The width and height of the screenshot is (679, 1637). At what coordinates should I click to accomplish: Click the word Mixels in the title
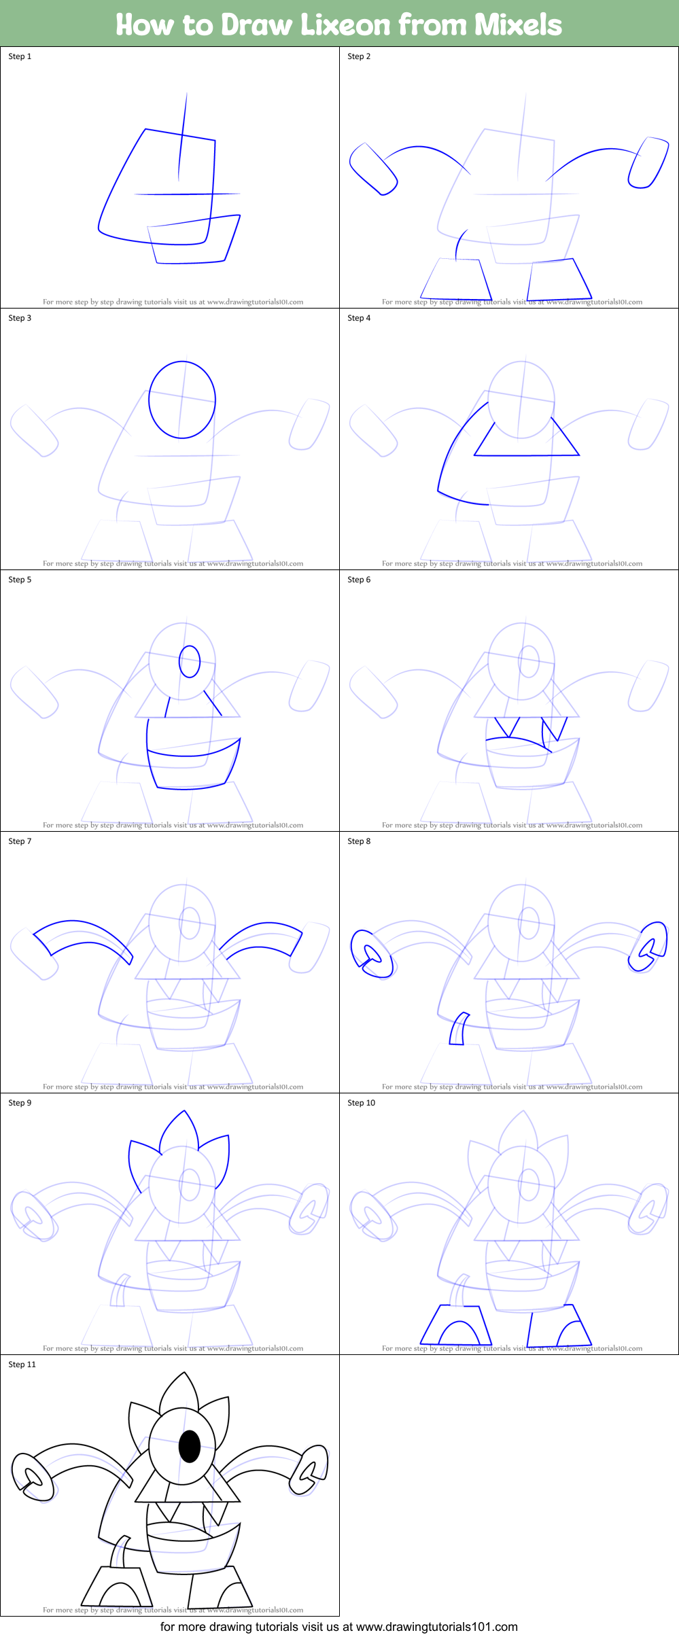pos(518,25)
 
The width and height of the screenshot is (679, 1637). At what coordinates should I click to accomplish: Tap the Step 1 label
pos(20,56)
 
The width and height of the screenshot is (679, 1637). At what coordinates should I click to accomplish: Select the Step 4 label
pos(359,318)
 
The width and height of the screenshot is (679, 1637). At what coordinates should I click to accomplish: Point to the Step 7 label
pos(20,841)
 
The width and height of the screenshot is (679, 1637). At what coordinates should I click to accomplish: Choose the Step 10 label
pos(361,1103)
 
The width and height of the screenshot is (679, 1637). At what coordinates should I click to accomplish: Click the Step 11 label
pos(22,1365)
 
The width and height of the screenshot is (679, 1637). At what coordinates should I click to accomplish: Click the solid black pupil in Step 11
pos(190,1446)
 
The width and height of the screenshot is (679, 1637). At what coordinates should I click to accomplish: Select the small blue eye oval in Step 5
pos(190,661)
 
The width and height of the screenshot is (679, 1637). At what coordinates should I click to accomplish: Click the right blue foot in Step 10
pos(561,1325)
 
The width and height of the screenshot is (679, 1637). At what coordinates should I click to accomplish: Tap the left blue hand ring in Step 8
pos(371,954)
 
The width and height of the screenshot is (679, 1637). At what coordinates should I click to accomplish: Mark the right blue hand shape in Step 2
pos(648,163)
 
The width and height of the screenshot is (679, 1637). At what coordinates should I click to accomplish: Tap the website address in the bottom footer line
pos(436,1627)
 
